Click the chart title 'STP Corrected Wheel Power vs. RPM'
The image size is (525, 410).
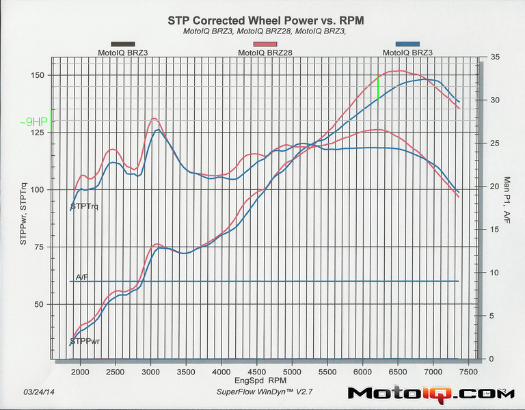coord(265,20)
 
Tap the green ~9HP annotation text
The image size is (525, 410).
coord(33,121)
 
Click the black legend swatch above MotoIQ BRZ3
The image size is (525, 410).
coord(122,44)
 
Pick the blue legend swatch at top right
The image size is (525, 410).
coord(407,44)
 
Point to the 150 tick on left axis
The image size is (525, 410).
coord(40,75)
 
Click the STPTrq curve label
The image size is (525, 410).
coord(84,206)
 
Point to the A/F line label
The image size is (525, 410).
coord(82,277)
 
